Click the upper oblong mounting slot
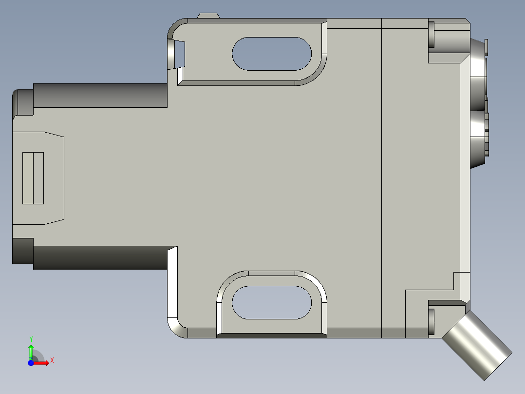[272, 54]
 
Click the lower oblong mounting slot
[272, 302]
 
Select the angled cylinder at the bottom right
[477, 346]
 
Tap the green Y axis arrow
[31, 350]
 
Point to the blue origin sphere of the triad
[31, 363]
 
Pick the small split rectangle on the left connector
[33, 178]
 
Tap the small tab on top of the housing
[208, 16]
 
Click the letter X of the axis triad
[52, 361]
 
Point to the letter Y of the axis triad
[31, 338]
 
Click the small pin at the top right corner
[431, 34]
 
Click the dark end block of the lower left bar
[22, 251]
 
